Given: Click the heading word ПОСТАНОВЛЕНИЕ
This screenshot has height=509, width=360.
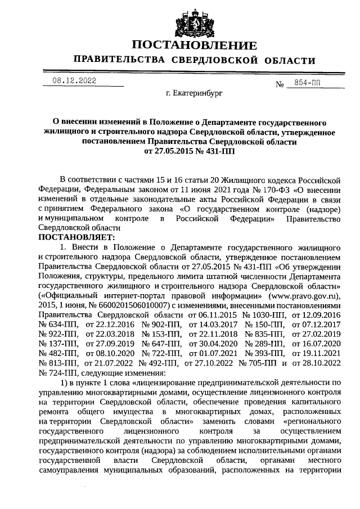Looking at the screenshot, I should [x=194, y=46].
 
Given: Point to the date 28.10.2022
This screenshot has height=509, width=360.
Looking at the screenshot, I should [x=321, y=362].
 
